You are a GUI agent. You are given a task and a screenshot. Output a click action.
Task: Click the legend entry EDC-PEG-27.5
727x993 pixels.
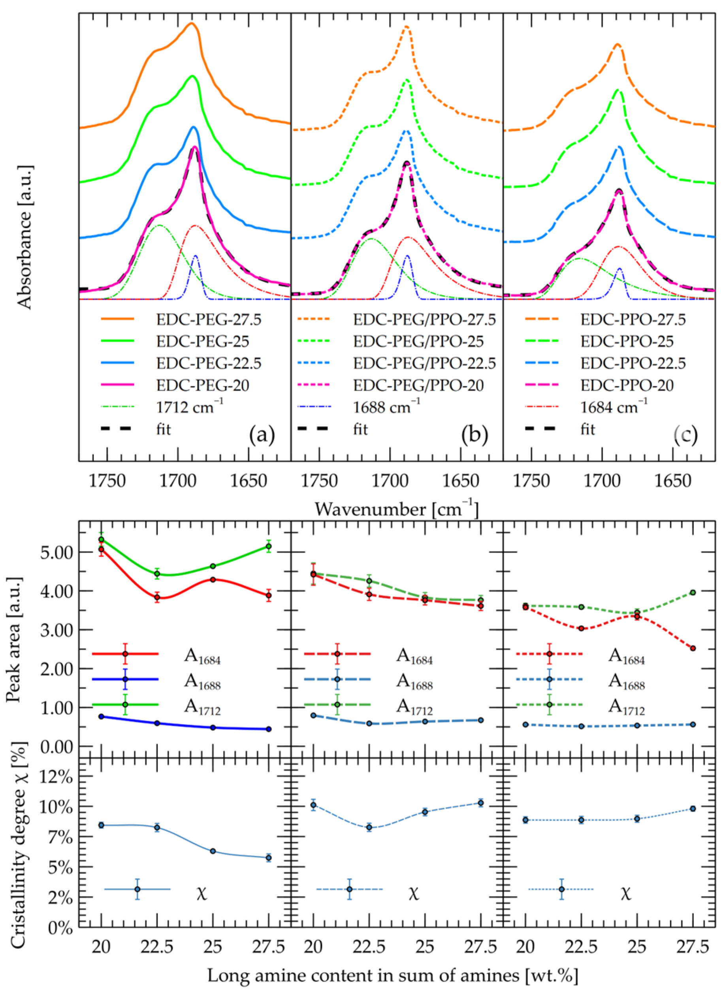209,320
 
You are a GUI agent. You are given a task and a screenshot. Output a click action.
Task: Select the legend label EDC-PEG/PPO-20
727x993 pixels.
418,386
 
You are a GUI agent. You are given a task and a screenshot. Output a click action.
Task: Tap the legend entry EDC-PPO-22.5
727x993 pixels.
633,363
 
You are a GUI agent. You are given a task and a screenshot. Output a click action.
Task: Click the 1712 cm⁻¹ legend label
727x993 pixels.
189,407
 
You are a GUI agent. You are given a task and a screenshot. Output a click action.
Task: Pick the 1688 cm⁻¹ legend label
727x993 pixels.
386,407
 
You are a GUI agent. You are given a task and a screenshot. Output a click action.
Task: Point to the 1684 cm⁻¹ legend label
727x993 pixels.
614,407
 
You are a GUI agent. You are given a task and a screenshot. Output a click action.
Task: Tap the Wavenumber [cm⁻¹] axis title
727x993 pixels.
396,509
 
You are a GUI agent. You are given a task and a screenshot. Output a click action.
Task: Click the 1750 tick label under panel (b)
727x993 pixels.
319,481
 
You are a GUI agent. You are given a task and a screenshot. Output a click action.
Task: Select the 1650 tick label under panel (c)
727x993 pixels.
672,481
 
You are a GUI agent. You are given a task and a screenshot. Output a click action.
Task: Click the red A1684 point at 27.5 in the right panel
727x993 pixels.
693,648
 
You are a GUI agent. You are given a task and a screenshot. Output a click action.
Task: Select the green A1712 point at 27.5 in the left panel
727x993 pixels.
268,546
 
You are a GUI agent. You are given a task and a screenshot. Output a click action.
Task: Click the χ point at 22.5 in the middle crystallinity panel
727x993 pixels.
369,827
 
